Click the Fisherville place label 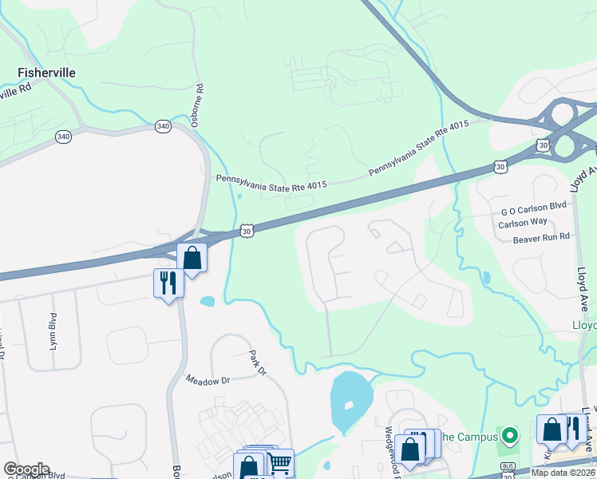click(x=47, y=73)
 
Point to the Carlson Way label click(x=523, y=224)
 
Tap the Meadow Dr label click(x=208, y=380)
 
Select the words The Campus click(x=470, y=437)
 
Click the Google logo click(x=26, y=469)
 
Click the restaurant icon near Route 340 click(x=168, y=283)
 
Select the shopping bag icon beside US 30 click(x=192, y=257)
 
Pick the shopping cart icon click(x=280, y=463)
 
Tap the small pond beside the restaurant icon click(x=208, y=303)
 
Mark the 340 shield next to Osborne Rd click(x=163, y=126)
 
